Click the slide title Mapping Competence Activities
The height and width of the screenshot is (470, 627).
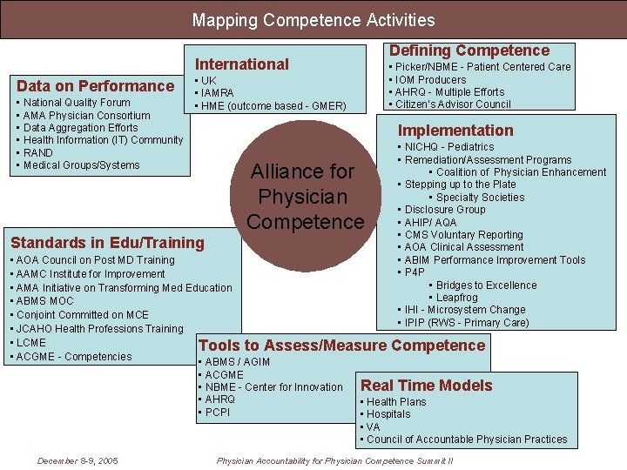click(313, 19)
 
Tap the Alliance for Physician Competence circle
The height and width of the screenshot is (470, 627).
click(306, 197)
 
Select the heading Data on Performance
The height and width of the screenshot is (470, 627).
click(96, 85)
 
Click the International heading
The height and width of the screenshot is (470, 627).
click(241, 64)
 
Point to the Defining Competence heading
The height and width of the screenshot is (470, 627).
click(469, 50)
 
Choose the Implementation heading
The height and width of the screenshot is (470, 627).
click(455, 131)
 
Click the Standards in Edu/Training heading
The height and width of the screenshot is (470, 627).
click(107, 242)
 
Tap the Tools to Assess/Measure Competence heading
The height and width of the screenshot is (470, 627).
click(341, 346)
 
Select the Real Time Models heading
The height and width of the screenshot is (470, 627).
click(426, 386)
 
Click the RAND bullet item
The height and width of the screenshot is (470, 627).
click(38, 152)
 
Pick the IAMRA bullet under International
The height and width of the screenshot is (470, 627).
click(217, 93)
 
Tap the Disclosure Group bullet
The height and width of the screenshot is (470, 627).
click(445, 210)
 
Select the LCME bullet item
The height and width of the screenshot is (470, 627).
click(31, 343)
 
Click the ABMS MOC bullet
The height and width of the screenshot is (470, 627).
click(44, 301)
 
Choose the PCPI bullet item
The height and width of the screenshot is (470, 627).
click(218, 412)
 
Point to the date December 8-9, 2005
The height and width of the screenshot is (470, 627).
click(78, 460)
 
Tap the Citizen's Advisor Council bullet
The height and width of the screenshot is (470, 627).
click(453, 104)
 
